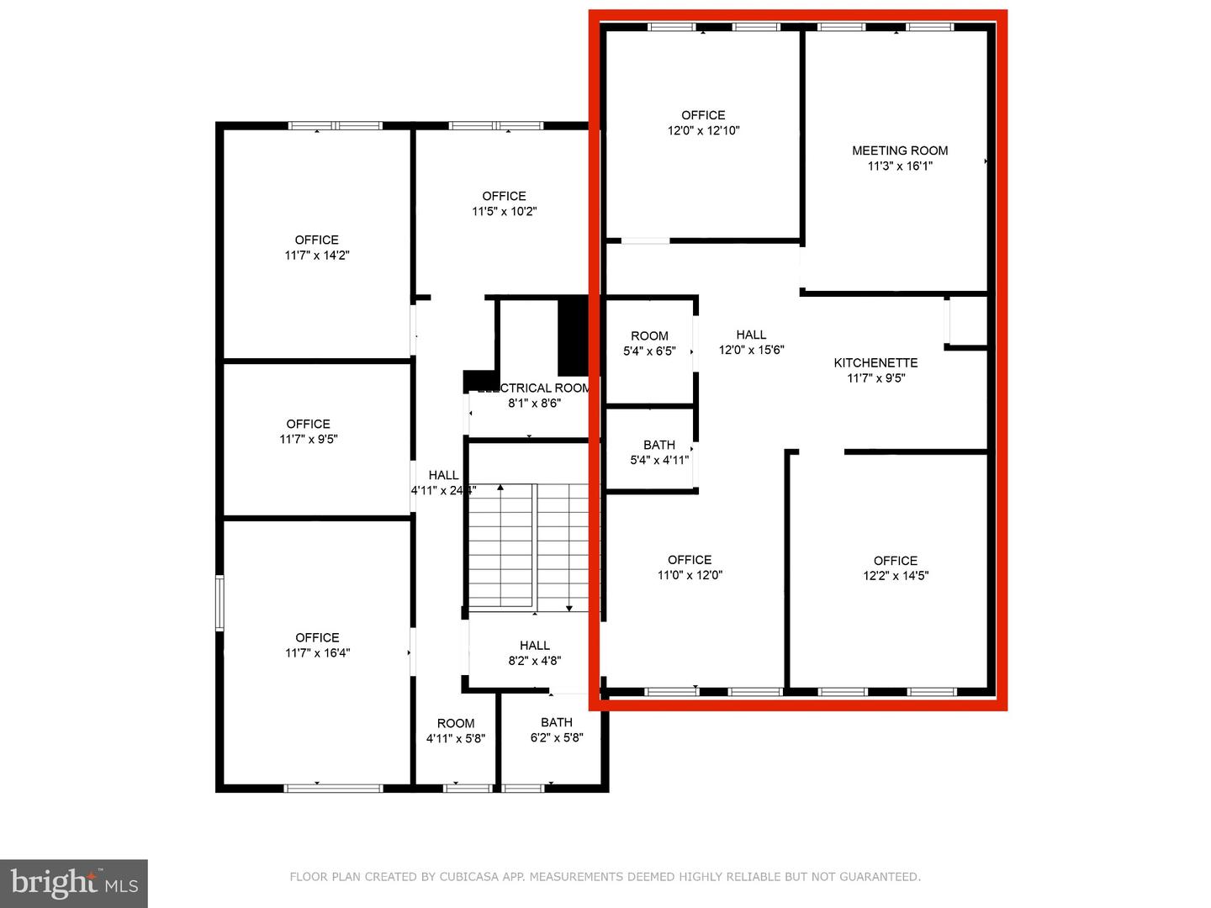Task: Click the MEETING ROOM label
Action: click(x=900, y=150)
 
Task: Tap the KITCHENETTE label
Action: click(x=875, y=362)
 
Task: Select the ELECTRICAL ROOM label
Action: click(x=534, y=388)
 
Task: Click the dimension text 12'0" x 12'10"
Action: click(x=703, y=130)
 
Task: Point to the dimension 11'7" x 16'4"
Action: click(x=317, y=652)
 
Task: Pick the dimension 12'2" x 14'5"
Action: click(x=896, y=576)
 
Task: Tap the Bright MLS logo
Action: click(x=74, y=883)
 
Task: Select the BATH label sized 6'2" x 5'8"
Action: click(x=557, y=722)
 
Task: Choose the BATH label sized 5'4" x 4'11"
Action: click(x=659, y=445)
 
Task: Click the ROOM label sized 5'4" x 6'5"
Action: click(x=649, y=335)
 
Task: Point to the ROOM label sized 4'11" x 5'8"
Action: click(x=456, y=723)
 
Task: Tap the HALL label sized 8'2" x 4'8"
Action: click(x=534, y=646)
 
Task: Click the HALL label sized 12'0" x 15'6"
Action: click(x=751, y=335)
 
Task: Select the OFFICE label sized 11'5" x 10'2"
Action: click(x=504, y=196)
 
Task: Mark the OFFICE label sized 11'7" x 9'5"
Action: click(x=308, y=424)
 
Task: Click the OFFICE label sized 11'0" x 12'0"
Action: click(x=690, y=560)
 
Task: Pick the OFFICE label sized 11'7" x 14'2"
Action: click(x=316, y=240)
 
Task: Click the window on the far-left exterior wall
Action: click(x=219, y=602)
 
